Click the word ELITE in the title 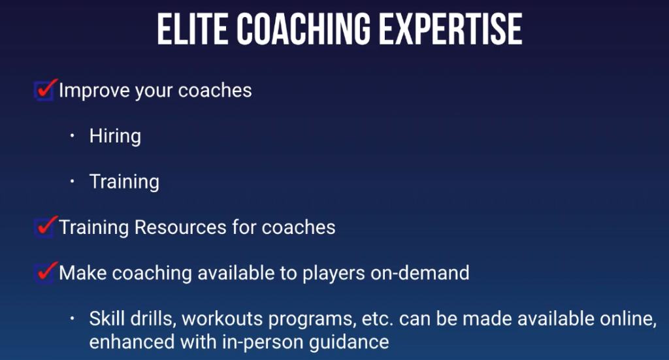[x=193, y=29]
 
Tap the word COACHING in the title [x=303, y=29]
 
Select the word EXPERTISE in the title [x=450, y=29]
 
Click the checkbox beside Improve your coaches [x=44, y=91]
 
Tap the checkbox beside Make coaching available [x=44, y=273]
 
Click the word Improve [x=94, y=91]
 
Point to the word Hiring [x=115, y=137]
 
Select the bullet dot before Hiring [x=73, y=136]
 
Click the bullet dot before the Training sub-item [x=73, y=181]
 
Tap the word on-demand [x=420, y=273]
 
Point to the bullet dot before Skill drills [x=73, y=318]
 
